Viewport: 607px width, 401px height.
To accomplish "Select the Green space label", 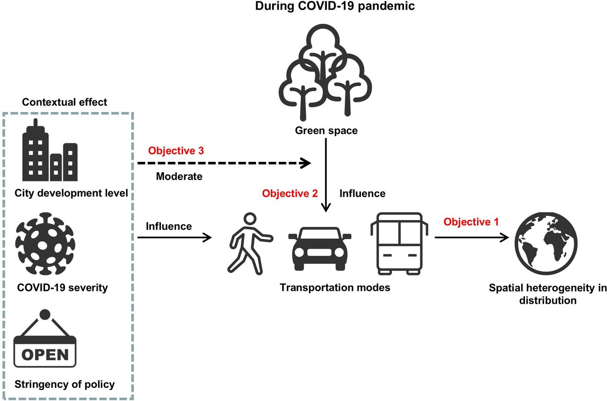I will coord(326,130).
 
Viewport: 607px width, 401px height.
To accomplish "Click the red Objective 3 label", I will coord(177,151).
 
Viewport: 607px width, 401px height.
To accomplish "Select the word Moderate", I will coord(179,177).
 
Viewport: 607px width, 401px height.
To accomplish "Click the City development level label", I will coord(72,193).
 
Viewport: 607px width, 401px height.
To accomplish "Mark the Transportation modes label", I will coord(335,288).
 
